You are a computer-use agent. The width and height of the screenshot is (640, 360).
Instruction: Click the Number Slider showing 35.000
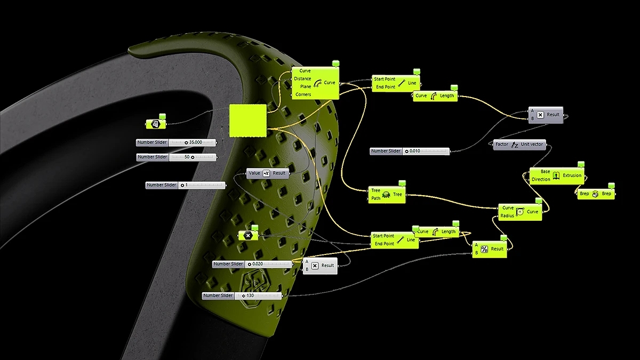point(177,142)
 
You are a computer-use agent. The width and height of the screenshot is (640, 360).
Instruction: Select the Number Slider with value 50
point(177,157)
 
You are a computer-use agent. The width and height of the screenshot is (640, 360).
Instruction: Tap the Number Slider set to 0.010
point(410,151)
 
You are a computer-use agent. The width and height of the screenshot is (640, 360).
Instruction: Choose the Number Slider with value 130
point(242,295)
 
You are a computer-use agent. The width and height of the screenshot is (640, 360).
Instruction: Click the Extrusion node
point(556,175)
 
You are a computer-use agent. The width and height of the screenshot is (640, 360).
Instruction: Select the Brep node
point(595,194)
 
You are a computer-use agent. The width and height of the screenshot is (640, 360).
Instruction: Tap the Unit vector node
point(519,145)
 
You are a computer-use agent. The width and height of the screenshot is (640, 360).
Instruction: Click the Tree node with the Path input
point(387,195)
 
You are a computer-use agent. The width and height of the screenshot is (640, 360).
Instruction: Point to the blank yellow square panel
point(247,119)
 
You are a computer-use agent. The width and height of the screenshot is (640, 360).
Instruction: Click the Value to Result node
point(267,173)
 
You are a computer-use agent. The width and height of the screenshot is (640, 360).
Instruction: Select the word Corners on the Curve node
point(303,94)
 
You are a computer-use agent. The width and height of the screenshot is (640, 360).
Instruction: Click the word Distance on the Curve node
point(302,79)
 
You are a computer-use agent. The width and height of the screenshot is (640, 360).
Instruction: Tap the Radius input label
point(507,216)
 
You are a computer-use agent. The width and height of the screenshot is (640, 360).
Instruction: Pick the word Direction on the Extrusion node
point(541,180)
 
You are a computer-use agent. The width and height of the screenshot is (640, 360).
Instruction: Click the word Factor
point(502,145)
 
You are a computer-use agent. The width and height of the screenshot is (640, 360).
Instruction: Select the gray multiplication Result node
point(546,115)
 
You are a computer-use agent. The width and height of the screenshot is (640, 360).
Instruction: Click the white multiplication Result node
point(320,266)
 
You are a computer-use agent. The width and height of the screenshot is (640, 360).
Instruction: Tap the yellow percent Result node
point(490,249)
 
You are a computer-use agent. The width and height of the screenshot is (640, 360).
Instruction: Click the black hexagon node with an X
point(247,235)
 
